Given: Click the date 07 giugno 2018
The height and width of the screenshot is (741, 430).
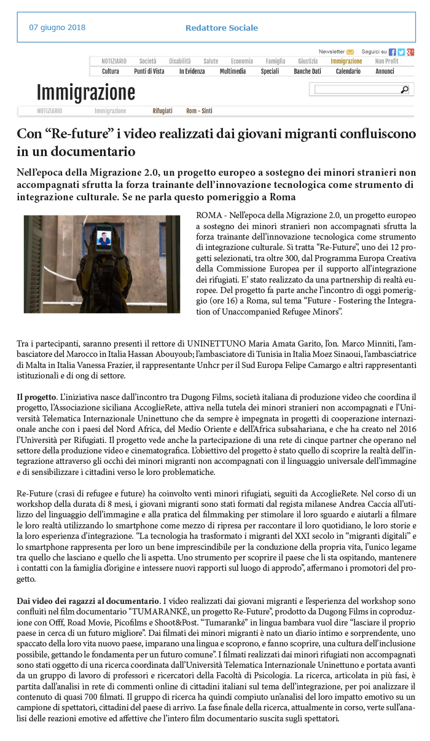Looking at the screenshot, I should tap(57, 28).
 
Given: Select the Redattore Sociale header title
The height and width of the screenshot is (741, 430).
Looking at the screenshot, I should tap(221, 28).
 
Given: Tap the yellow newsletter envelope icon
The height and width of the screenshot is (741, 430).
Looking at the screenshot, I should tap(350, 52).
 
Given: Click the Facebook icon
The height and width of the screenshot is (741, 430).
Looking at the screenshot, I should tap(393, 52).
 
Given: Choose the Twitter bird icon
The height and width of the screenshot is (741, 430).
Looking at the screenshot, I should tap(401, 52).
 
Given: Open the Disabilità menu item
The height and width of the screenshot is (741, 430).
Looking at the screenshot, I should tap(180, 61).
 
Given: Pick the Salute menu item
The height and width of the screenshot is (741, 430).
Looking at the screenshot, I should tap(211, 61).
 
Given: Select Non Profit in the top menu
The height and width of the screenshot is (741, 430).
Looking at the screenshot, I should tap(387, 61).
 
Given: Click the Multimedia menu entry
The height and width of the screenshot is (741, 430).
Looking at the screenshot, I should tap(233, 71).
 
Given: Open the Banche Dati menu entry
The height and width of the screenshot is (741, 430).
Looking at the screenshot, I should tap(307, 71).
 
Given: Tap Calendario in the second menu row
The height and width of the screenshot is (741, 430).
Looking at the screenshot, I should tap(348, 71).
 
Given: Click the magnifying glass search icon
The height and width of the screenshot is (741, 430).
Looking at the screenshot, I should tap(404, 90).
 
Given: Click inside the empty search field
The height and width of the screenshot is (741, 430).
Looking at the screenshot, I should tap(356, 90).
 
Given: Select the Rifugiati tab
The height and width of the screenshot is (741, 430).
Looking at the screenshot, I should tap(163, 111).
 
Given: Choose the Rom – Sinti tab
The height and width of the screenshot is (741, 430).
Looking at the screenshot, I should tap(199, 111).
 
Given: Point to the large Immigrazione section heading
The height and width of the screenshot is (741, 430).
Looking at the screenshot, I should tap(85, 93).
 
